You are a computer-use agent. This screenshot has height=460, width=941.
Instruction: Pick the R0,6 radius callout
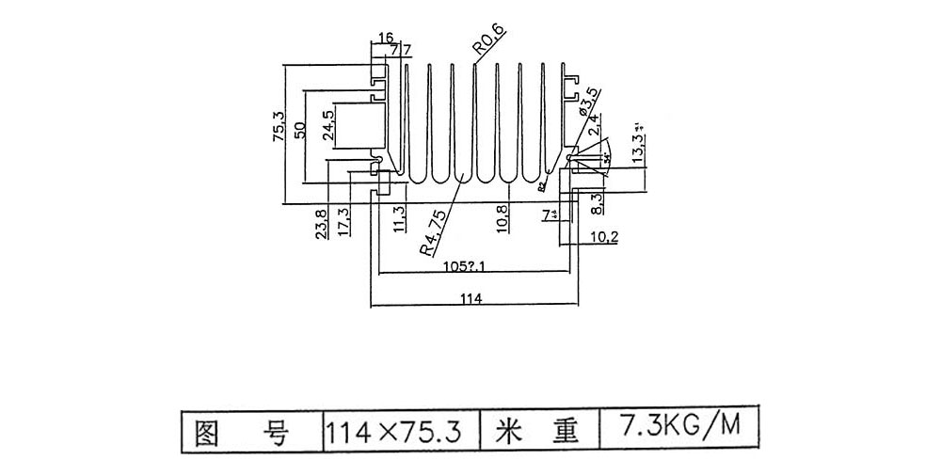(489, 40)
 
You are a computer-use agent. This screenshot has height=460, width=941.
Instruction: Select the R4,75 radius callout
(432, 232)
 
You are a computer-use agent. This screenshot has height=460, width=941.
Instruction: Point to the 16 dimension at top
(384, 37)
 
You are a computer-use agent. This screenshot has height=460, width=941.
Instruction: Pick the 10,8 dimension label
(503, 218)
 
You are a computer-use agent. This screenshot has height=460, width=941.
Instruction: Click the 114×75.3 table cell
(393, 433)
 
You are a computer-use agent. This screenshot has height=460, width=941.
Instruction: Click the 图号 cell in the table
(249, 433)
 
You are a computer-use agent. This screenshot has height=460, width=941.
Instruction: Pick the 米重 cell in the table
(538, 432)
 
